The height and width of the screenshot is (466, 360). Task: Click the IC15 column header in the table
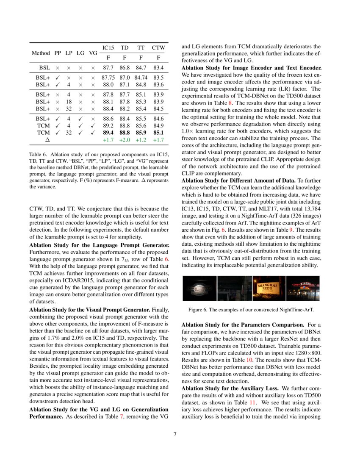108,48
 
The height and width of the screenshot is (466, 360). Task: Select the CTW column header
158,48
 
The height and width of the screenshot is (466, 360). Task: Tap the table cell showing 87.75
108,78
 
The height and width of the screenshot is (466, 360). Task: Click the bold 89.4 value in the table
108,133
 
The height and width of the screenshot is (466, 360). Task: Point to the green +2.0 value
125,139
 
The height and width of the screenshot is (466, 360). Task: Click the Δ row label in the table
47,139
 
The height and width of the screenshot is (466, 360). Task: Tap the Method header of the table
41,53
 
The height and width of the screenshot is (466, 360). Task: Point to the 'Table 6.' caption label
38,155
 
